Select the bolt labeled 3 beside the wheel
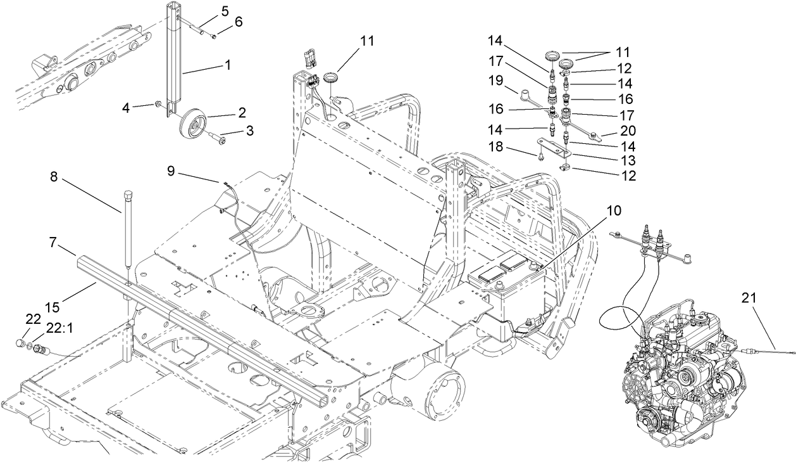click(221, 135)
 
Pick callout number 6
click(238, 22)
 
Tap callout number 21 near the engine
click(754, 297)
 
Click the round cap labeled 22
click(21, 344)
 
